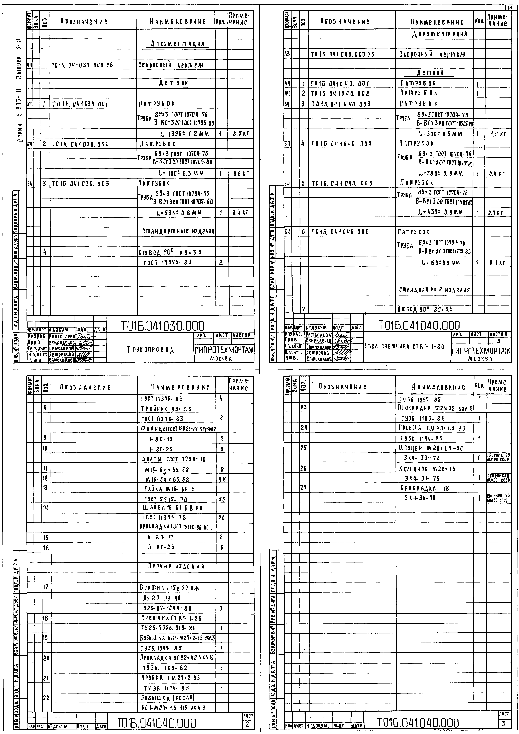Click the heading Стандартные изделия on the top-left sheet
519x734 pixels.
tap(178, 231)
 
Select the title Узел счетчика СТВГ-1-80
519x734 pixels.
tap(404, 346)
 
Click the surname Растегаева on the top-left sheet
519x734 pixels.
tap(62, 337)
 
